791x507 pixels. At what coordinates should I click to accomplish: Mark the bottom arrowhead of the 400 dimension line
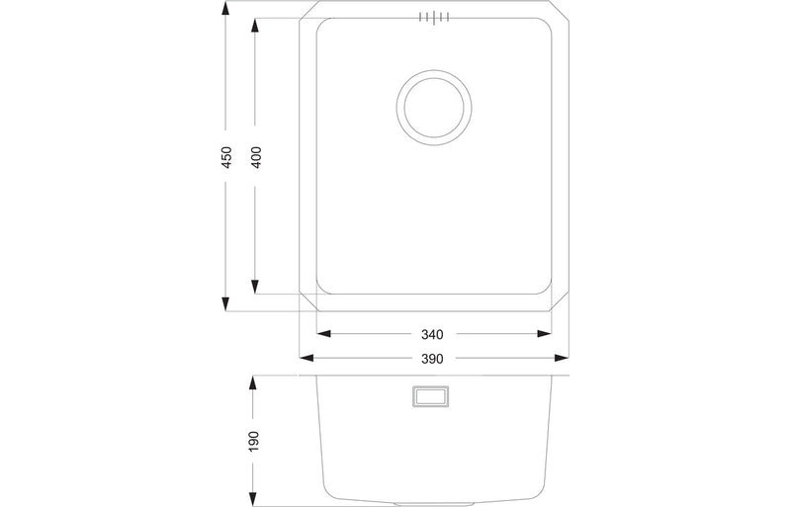tap(256, 292)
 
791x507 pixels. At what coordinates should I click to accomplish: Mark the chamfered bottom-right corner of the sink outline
tap(561, 300)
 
